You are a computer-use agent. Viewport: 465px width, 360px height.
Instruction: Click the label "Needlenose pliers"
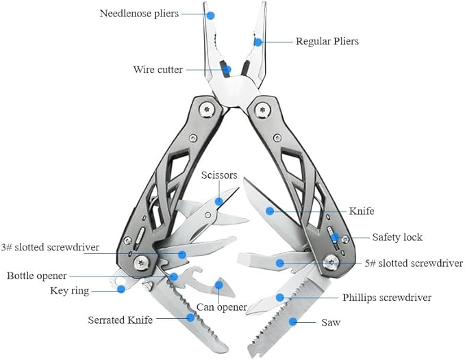coord(139,13)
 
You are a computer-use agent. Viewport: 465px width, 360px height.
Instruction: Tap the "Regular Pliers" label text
coord(327,41)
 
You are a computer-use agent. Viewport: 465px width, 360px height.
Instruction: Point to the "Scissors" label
coord(219,175)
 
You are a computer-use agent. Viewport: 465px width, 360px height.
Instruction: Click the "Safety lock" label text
coord(397,237)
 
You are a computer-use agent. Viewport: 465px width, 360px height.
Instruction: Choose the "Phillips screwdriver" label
coord(387,298)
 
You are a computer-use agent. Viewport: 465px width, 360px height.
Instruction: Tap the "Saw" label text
coord(331,322)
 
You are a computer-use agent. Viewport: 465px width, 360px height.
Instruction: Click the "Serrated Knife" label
coord(120,320)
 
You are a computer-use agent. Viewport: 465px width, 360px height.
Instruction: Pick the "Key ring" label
coord(69,290)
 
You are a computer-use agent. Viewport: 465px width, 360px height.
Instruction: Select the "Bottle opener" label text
coord(37,276)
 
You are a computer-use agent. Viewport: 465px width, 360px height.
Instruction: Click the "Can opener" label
coord(221,307)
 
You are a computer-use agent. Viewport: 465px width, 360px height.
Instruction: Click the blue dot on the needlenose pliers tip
coord(211,14)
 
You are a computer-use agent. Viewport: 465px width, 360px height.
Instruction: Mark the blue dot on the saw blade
coord(293,321)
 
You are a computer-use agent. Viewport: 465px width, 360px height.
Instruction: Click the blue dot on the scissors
coord(218,201)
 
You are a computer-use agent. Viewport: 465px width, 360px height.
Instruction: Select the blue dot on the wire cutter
coord(227,68)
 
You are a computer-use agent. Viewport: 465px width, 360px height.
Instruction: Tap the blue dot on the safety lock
coord(336,237)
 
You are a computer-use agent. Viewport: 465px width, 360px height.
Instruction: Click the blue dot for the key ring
coord(121,289)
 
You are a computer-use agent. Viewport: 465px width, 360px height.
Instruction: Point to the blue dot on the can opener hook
coord(219,284)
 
